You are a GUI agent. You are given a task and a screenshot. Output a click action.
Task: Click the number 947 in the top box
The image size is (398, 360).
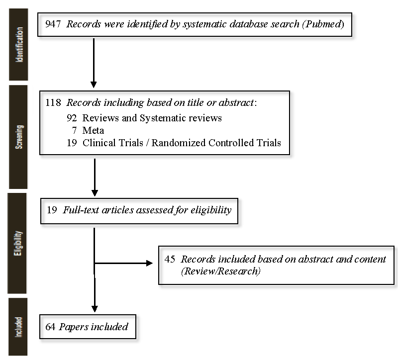coord(53,24)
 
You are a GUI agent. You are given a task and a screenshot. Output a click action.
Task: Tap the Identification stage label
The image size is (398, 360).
coord(19,45)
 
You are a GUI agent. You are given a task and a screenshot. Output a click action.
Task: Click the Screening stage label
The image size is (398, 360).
coord(19,137)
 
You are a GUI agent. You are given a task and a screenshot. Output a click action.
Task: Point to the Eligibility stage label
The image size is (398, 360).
coord(18,243)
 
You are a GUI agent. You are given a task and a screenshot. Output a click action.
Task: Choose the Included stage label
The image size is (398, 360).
coord(18,327)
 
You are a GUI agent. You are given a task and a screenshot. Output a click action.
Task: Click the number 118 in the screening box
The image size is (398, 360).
coord(53,102)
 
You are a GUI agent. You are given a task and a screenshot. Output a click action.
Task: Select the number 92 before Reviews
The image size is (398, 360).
coord(72,118)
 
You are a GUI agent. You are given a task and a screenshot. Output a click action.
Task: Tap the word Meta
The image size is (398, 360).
coord(93,130)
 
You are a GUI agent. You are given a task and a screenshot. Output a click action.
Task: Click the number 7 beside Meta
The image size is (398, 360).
coord(74,130)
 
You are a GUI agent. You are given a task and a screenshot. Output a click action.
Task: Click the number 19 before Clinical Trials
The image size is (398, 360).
coord(72,143)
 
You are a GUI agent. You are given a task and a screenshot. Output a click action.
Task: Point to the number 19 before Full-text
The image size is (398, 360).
coord(52,210)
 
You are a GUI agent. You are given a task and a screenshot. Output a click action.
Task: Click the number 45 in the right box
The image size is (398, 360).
coord(170,259)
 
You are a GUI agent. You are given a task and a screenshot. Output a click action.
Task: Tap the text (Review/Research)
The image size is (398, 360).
coord(221,271)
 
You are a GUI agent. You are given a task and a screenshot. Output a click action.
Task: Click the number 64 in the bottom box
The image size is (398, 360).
coord(50,327)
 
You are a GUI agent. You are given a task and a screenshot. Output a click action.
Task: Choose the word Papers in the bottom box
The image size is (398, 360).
coord(74,327)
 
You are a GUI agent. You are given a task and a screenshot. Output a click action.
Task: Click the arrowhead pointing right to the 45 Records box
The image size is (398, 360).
coord(150,264)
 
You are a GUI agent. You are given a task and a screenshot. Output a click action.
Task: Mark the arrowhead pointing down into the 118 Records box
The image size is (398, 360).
coord(94,85)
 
